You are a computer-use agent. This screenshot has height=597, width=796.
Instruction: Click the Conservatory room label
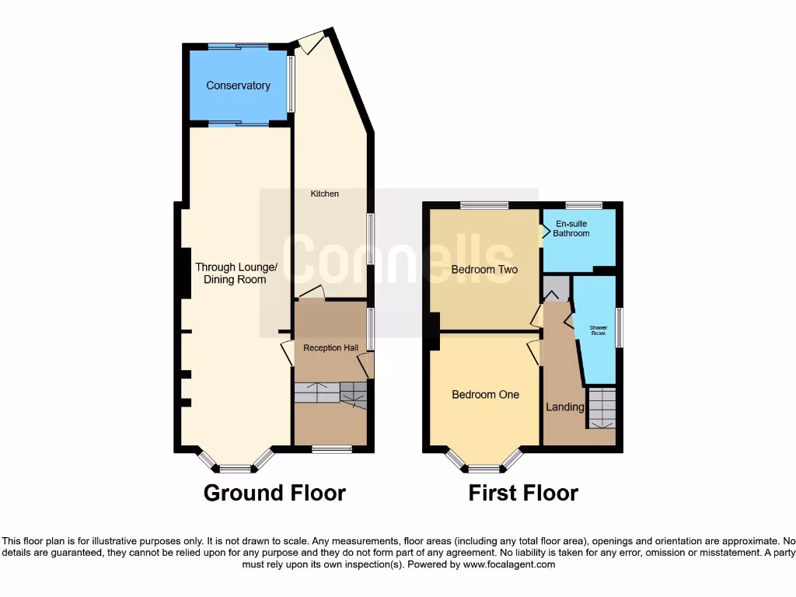click(238, 86)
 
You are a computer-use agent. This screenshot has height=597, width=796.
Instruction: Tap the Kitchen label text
click(325, 194)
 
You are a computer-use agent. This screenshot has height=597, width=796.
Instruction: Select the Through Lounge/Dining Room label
click(236, 274)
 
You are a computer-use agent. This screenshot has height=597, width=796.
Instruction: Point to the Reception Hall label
click(330, 347)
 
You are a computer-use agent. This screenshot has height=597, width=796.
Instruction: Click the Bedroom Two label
click(484, 270)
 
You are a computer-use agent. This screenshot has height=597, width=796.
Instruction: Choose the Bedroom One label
click(485, 394)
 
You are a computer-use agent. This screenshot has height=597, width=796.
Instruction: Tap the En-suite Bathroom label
click(571, 229)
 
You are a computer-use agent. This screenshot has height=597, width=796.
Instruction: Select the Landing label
click(565, 407)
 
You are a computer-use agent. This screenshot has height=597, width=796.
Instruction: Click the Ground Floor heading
click(274, 493)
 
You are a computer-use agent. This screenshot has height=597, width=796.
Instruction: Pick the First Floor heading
click(523, 493)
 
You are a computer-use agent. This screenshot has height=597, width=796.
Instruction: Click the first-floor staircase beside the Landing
click(601, 408)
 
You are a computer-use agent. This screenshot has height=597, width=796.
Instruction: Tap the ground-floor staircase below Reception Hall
click(330, 393)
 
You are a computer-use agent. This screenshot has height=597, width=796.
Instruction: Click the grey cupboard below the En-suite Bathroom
click(556, 287)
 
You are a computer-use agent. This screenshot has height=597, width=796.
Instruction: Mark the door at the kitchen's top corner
click(310, 42)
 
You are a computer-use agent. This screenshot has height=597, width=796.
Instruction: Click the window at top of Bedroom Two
click(484, 205)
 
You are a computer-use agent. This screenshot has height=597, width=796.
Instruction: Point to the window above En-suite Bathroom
click(584, 205)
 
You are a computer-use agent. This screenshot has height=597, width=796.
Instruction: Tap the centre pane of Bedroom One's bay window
click(484, 469)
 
